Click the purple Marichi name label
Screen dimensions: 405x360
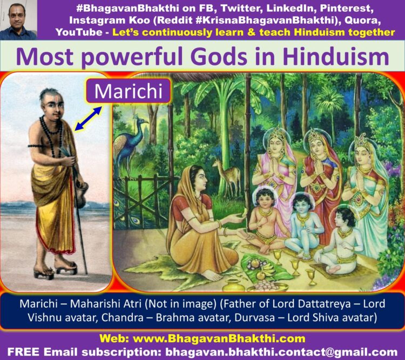click(x=129, y=91)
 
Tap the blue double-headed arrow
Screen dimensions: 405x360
click(x=88, y=118)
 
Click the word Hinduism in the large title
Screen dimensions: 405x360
click(x=336, y=57)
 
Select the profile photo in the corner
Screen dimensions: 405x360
click(x=18, y=20)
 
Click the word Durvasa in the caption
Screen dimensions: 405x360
click(x=254, y=317)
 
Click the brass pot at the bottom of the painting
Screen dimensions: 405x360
click(x=233, y=285)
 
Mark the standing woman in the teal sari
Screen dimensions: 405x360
click(x=367, y=191)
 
